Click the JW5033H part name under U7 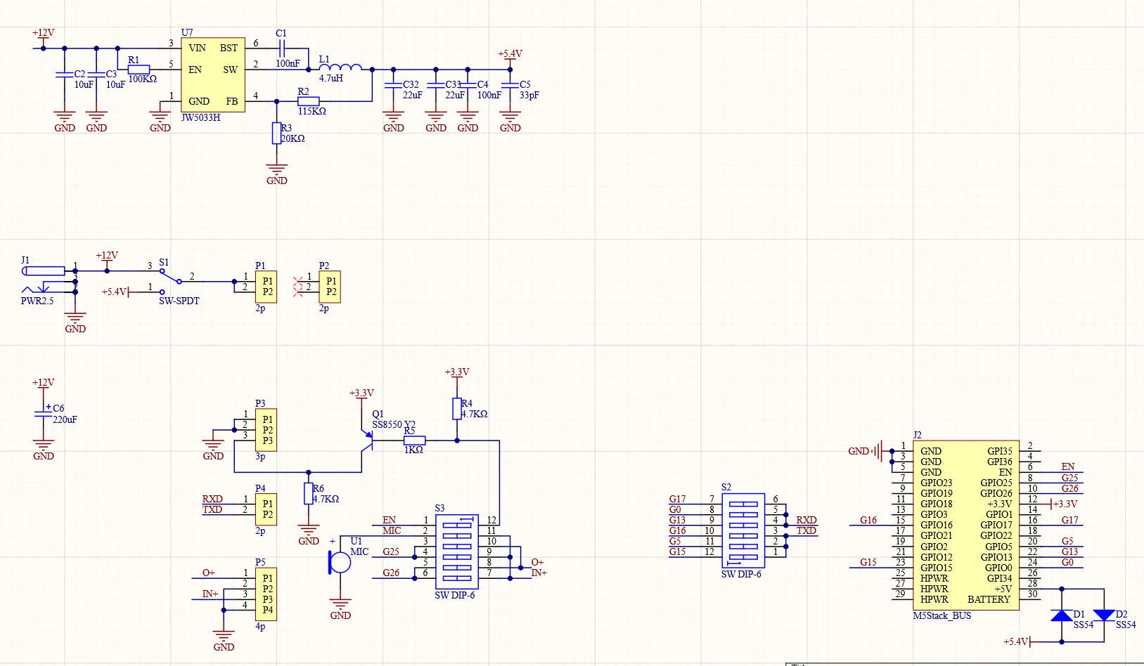click(x=200, y=118)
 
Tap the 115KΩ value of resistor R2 click(x=312, y=111)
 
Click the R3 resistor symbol click(x=277, y=133)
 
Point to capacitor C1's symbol click(x=282, y=48)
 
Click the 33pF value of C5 click(x=529, y=96)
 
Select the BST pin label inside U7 click(x=229, y=48)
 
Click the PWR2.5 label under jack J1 click(x=37, y=301)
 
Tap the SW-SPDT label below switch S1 click(x=179, y=301)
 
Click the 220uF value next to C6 click(x=65, y=420)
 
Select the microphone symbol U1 click(x=340, y=563)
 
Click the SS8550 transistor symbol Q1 click(x=367, y=441)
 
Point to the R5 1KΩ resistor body click(x=415, y=440)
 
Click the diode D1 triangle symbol click(x=1061, y=615)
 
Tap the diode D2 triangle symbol click(x=1104, y=615)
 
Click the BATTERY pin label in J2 click(x=989, y=600)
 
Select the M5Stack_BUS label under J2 click(x=941, y=616)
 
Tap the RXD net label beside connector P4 click(x=212, y=499)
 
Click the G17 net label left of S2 click(x=677, y=499)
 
